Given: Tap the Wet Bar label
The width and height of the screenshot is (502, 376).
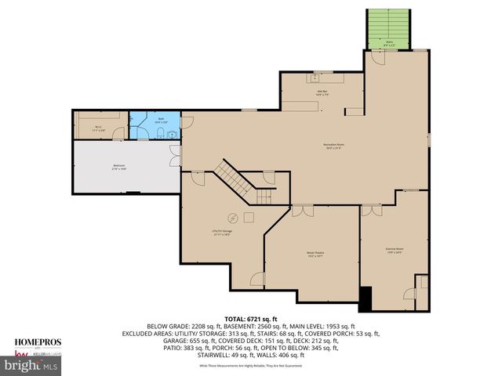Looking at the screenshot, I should tap(322, 93).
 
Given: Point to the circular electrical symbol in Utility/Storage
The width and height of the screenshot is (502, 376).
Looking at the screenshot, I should tap(232, 218).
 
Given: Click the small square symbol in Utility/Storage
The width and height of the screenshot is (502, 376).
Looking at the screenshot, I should tap(249, 217).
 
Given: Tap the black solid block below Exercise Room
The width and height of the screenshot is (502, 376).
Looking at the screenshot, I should tap(365, 298).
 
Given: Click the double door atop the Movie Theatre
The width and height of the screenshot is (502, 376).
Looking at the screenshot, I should tap(302, 211).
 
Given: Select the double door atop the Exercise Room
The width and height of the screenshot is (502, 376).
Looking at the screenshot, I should tap(371, 210).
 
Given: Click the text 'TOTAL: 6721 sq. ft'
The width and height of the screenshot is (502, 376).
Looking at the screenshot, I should tap(250, 319).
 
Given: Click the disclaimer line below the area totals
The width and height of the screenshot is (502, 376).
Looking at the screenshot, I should tap(251, 366).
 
